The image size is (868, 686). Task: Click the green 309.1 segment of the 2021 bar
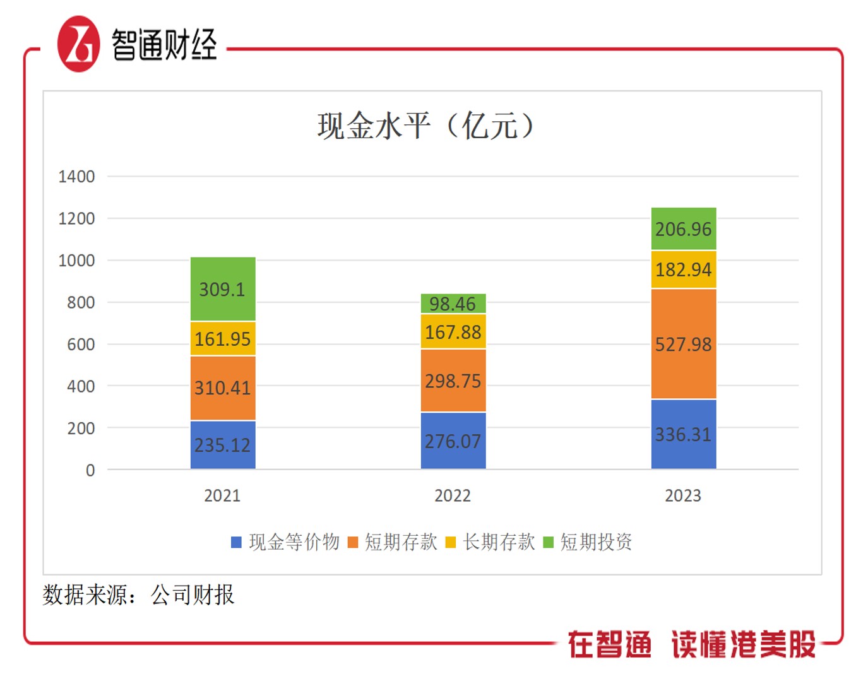point(223,289)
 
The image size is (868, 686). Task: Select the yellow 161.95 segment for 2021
point(223,339)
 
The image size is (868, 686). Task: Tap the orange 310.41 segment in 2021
point(223,387)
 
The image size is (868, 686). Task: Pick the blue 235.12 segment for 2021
point(223,445)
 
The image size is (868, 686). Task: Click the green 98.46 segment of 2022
point(453,304)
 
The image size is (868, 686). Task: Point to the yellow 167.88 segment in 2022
point(453,331)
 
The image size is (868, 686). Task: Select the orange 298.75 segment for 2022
point(453,381)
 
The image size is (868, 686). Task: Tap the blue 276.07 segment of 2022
point(453,441)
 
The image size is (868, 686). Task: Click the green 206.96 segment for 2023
point(684,228)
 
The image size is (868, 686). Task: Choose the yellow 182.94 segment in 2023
point(684,269)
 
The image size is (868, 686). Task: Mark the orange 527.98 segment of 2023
point(684,344)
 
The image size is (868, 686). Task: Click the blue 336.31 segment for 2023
point(684,434)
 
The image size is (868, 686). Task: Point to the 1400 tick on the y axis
point(76,177)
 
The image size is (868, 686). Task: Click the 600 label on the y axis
point(81,345)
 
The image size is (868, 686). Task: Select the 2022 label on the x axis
point(453,496)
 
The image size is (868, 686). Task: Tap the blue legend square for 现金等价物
point(237,542)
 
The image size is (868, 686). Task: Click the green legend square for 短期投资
point(548,542)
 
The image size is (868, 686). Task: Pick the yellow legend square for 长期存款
point(450,542)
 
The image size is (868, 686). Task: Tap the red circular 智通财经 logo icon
point(79,44)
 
